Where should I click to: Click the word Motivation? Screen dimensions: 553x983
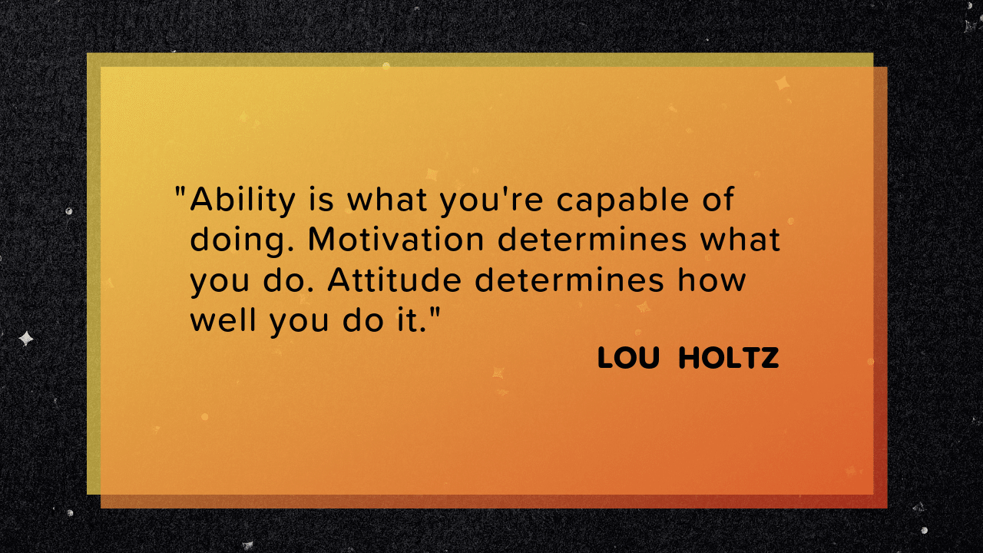coord(396,240)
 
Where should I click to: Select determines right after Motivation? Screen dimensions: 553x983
coord(592,240)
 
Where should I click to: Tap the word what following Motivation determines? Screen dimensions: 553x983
coord(740,240)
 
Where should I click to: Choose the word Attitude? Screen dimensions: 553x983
coord(394,280)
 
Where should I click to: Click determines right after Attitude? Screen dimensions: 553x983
coord(568,280)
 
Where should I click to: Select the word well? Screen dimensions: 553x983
coord(225,320)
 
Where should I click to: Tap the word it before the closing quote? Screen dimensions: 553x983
coord(412,320)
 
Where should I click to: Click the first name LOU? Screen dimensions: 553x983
coord(628,358)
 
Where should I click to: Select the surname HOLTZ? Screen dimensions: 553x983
coord(729,358)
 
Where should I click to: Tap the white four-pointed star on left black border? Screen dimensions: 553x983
coord(26,338)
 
